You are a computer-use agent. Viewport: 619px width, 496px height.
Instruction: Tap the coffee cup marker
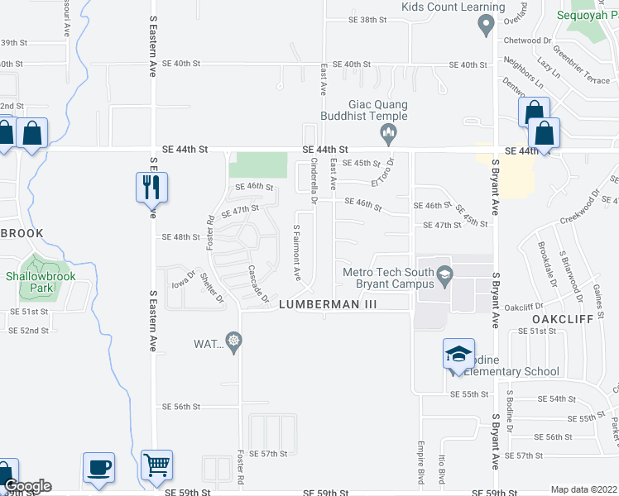(98, 467)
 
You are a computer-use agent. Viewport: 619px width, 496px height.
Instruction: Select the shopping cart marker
(156, 465)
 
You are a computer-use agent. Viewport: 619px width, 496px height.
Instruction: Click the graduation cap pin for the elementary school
(459, 354)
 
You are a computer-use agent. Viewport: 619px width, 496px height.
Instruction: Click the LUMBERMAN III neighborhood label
(328, 304)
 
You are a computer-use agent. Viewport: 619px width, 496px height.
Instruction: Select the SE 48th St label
(180, 237)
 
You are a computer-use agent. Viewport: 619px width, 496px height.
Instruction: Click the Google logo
(27, 486)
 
